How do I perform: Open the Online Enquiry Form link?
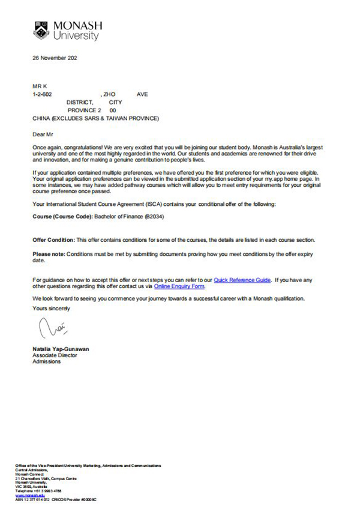[179, 286]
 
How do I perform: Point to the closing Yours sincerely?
[51, 309]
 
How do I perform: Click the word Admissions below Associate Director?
[47, 361]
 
